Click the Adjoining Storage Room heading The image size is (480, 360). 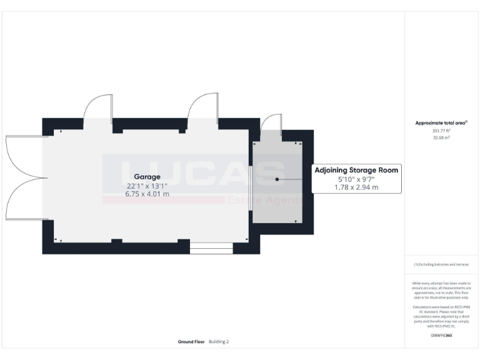[x=356, y=169]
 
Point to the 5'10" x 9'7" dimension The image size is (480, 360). [x=356, y=179]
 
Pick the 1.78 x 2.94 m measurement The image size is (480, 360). [x=356, y=187]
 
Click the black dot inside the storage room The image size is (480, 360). [x=277, y=179]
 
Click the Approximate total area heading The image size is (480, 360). [x=441, y=122]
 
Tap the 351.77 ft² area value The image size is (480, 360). [x=441, y=131]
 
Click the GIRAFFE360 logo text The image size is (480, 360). [x=441, y=336]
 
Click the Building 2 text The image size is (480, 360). [x=219, y=342]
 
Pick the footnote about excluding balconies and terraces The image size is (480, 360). [x=441, y=264]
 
